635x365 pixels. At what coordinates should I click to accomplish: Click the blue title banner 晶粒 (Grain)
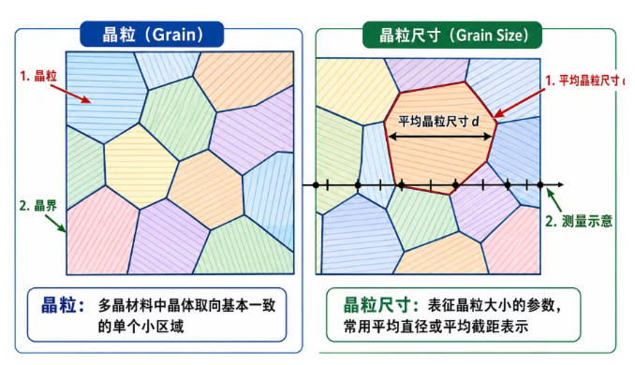(152, 35)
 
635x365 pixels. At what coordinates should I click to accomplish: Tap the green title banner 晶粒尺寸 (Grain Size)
(452, 36)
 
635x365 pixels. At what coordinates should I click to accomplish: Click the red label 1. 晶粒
(39, 76)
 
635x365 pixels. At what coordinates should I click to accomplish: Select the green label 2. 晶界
(38, 206)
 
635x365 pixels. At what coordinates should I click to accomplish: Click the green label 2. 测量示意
(579, 222)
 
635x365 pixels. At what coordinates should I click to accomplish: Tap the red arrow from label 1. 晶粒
(71, 94)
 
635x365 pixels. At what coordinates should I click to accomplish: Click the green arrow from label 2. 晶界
(55, 224)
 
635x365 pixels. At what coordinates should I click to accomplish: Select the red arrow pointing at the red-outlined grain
(520, 104)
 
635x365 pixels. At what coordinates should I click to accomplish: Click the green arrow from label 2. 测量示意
(554, 200)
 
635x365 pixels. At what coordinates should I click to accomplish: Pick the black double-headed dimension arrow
(440, 137)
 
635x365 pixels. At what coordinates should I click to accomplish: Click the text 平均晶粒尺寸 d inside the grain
(438, 121)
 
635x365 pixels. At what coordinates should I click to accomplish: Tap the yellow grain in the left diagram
(140, 166)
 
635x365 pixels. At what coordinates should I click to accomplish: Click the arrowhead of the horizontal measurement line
(560, 185)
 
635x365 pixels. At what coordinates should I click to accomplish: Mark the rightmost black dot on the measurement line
(540, 185)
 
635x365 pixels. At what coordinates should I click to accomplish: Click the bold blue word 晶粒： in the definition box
(63, 305)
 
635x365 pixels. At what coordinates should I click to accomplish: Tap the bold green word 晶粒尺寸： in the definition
(377, 305)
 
